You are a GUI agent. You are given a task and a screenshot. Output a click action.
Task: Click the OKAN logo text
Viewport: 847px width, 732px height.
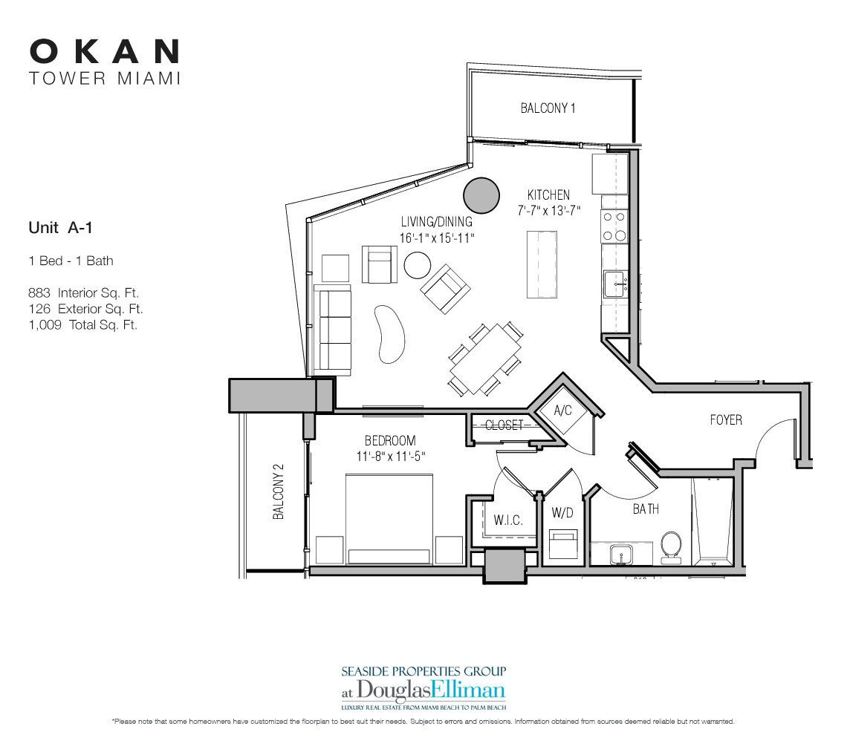pos(104,51)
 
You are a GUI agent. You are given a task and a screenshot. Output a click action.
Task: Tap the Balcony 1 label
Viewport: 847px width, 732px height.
pos(548,108)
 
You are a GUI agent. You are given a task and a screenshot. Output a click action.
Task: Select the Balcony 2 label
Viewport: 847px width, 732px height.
pos(279,492)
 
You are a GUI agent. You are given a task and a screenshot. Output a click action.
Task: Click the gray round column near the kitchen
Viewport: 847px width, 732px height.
pos(480,195)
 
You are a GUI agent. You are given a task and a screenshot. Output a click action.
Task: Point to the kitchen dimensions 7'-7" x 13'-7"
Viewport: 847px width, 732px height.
pos(549,210)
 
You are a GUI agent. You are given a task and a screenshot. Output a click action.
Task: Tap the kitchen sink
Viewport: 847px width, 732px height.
pos(616,283)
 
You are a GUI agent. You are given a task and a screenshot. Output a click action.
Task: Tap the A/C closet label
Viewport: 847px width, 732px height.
pos(562,411)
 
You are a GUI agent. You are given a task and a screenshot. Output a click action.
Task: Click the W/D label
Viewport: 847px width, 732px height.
pos(561,512)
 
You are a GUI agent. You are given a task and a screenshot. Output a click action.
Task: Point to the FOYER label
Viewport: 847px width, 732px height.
pos(725,420)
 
